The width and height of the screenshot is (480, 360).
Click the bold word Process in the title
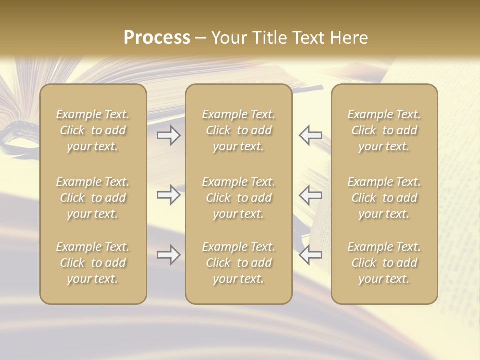157,38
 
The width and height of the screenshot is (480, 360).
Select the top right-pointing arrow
168,135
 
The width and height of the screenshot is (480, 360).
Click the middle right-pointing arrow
168,195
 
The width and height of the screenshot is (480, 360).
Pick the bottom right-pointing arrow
168,255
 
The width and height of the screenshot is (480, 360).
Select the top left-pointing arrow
311,135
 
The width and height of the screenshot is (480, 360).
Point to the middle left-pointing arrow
311,195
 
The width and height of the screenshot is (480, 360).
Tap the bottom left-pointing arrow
311,255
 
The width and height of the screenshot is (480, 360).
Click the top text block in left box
93,130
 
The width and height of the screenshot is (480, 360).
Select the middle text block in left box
93,198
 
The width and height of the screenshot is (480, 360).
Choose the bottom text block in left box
93,263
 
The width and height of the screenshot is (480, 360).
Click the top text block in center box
238,130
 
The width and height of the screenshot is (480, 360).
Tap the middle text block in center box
238,198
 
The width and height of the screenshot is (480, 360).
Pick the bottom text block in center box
238,263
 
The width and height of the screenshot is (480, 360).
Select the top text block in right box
384,130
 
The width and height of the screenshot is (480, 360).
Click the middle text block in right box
384,198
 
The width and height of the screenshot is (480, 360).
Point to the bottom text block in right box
384,263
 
